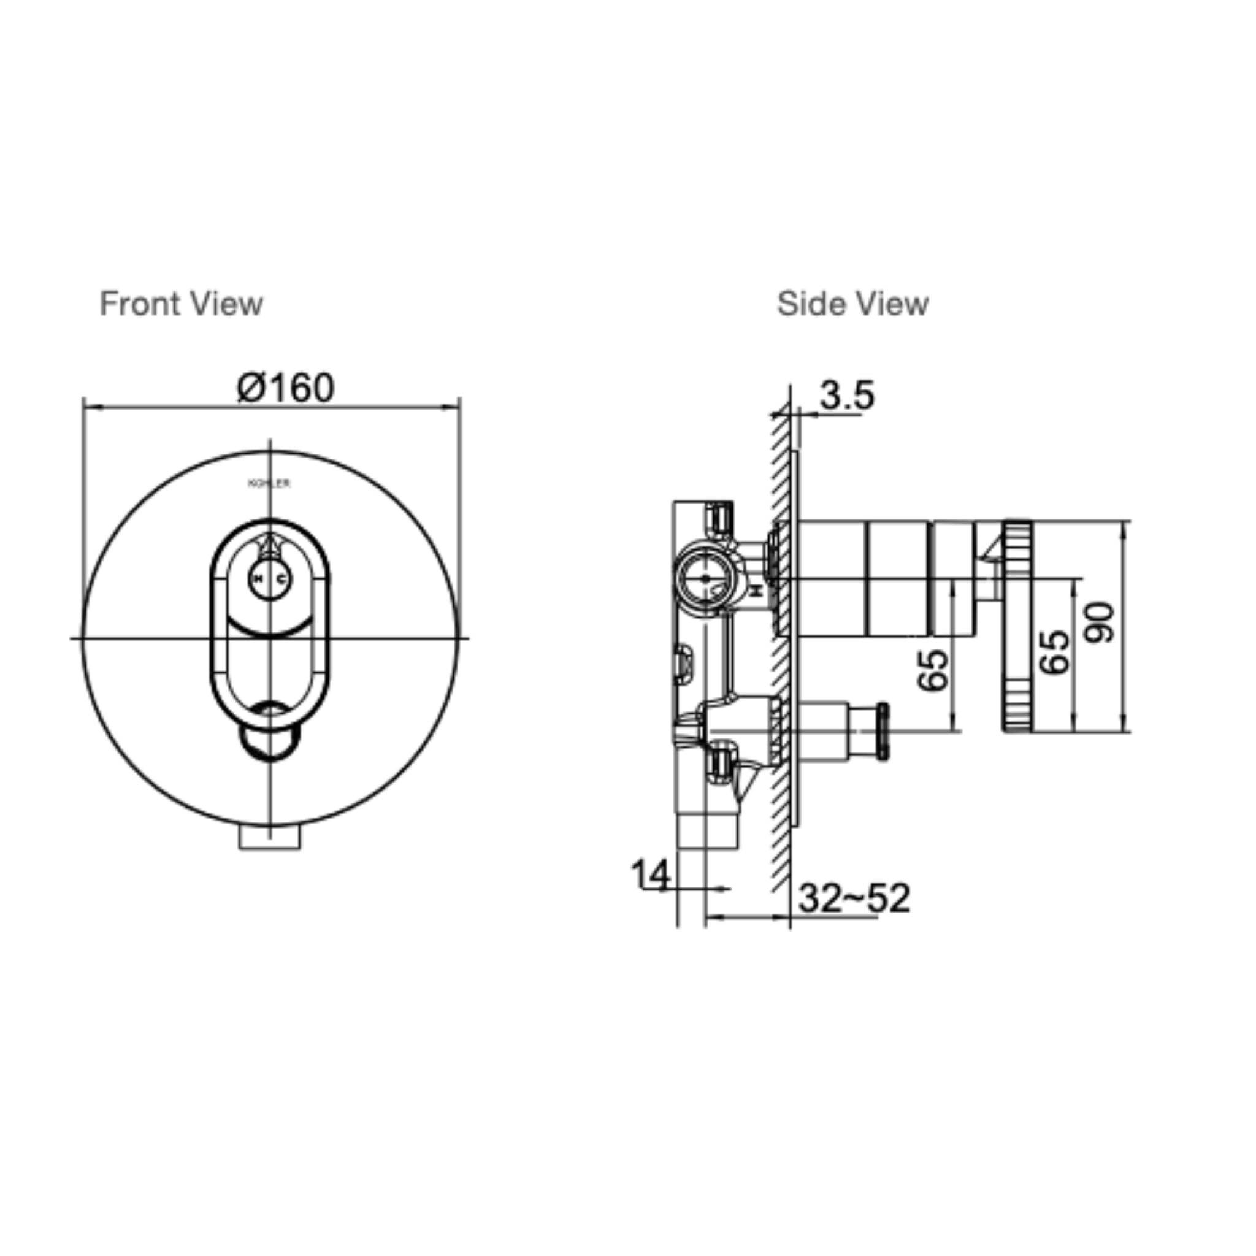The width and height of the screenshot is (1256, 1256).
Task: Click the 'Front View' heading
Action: (x=181, y=304)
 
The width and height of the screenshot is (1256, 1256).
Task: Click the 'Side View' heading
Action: (x=852, y=304)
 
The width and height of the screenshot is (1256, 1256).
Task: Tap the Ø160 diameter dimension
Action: (x=285, y=388)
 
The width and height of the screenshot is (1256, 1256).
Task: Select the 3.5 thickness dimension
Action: (x=846, y=396)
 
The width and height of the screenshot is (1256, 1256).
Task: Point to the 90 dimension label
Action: (x=1100, y=623)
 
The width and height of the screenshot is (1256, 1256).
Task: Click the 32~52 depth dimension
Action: (x=854, y=898)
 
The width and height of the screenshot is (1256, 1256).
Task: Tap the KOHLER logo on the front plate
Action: (x=270, y=484)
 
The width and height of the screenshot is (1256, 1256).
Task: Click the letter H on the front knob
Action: (x=258, y=578)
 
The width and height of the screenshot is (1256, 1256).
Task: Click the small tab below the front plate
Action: (x=270, y=838)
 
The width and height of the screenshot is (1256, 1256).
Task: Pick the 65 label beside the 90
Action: (x=1054, y=652)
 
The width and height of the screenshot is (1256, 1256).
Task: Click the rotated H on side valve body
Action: (x=756, y=591)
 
